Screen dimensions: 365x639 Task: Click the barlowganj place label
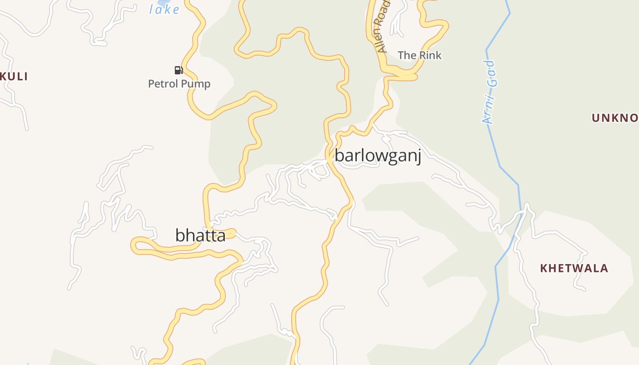pyautogui.click(x=377, y=156)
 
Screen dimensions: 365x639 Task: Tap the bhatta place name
pyautogui.click(x=200, y=235)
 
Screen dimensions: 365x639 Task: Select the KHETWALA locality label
pyautogui.click(x=574, y=268)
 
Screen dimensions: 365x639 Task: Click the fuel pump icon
pyautogui.click(x=178, y=70)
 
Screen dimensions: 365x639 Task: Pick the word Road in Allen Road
pyautogui.click(x=384, y=12)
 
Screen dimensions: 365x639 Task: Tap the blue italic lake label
pyautogui.click(x=164, y=9)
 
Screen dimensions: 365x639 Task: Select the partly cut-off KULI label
pyautogui.click(x=14, y=77)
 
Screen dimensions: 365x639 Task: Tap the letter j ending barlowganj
pyautogui.click(x=418, y=157)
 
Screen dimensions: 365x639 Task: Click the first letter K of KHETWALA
pyautogui.click(x=544, y=268)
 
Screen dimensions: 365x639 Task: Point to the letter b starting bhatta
pyautogui.click(x=180, y=235)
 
